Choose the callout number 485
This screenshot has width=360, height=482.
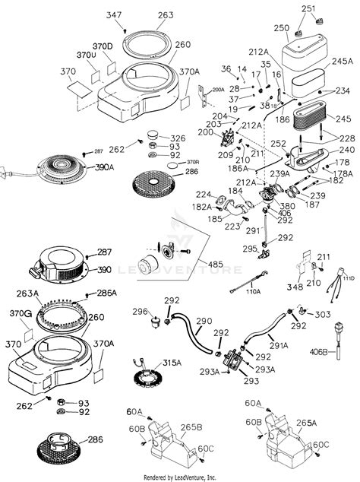pyautogui.click(x=216, y=264)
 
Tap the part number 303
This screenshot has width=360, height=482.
pyautogui.click(x=322, y=313)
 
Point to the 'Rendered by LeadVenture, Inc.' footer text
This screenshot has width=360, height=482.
pyautogui.click(x=180, y=477)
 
